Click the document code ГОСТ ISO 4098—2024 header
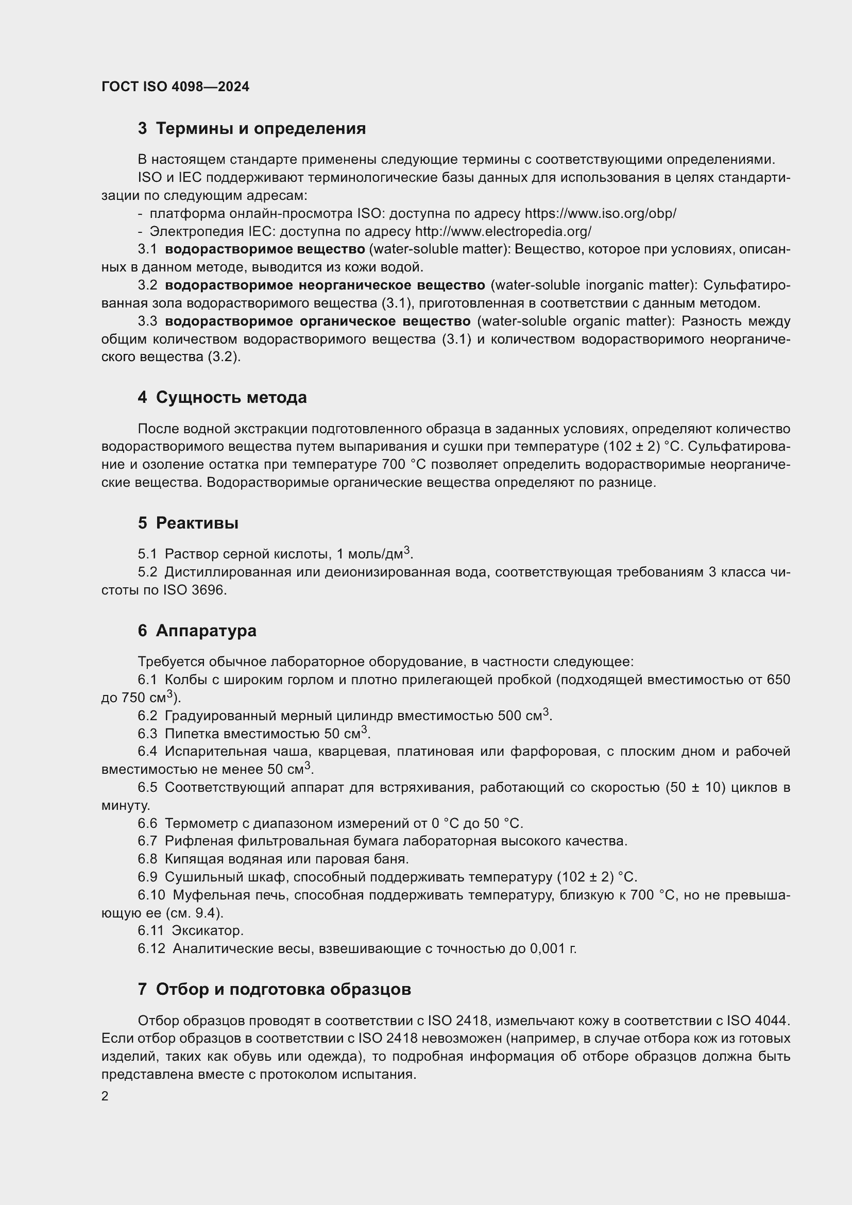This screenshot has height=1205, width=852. coord(175,87)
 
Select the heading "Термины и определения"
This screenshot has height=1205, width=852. coord(261,129)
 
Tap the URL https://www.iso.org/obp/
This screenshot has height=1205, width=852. coord(600,214)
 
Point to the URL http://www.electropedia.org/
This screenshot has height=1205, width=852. coord(503,231)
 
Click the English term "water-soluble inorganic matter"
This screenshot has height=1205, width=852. coord(592,285)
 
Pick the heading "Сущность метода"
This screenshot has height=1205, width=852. coord(231,397)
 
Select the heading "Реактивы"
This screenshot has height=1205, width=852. coord(197,523)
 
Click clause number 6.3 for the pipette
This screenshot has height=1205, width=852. coord(147,734)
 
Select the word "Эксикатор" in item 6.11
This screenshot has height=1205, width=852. coord(207,930)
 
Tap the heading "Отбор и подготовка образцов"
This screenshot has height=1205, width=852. coord(283,989)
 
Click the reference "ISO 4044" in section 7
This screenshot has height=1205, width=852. coord(757,1021)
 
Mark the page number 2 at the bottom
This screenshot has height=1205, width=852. coord(105,1096)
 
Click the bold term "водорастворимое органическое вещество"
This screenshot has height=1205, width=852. coord(317,321)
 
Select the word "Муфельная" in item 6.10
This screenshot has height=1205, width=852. coord(205,895)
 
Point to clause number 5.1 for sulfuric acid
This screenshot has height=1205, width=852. coord(147,554)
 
